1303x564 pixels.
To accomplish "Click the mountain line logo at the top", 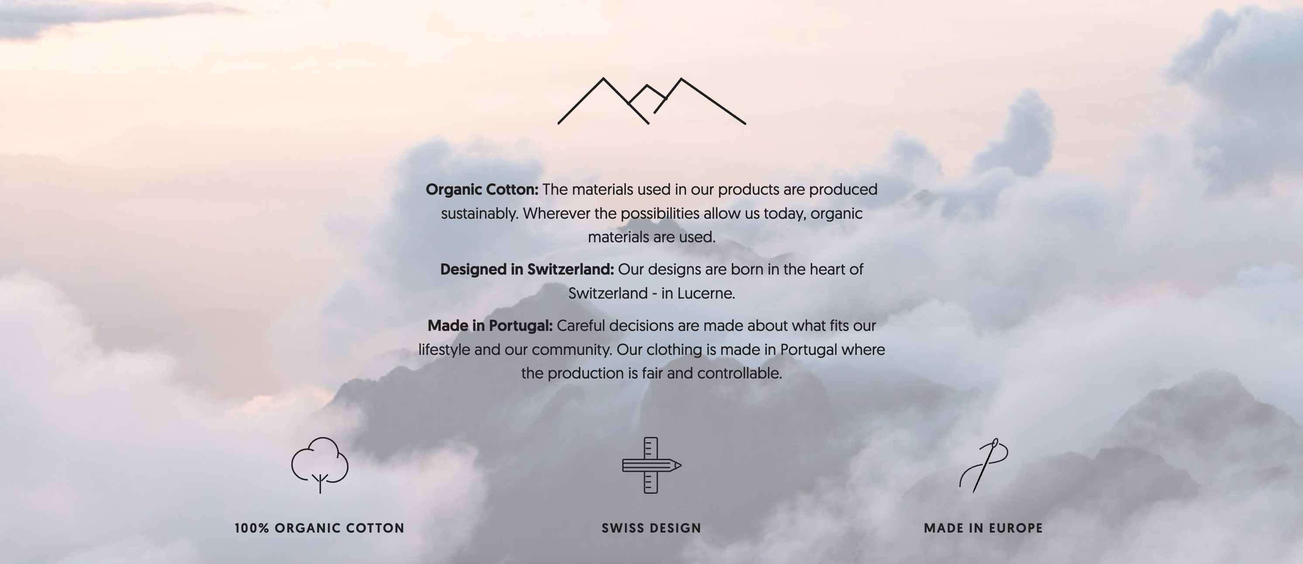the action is click(603, 79).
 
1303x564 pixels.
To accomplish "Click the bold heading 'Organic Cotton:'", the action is click(482, 190).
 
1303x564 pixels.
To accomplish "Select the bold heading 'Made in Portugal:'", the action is click(490, 326).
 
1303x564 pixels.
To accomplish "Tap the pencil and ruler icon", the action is click(651, 465).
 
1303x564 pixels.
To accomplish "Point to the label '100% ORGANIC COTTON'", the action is click(320, 528).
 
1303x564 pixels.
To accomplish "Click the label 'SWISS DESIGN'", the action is click(651, 528).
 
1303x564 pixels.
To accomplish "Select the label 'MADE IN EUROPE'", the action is click(983, 528).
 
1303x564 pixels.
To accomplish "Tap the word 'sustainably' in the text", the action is click(479, 214).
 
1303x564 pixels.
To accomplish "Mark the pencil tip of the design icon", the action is click(681, 465).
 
